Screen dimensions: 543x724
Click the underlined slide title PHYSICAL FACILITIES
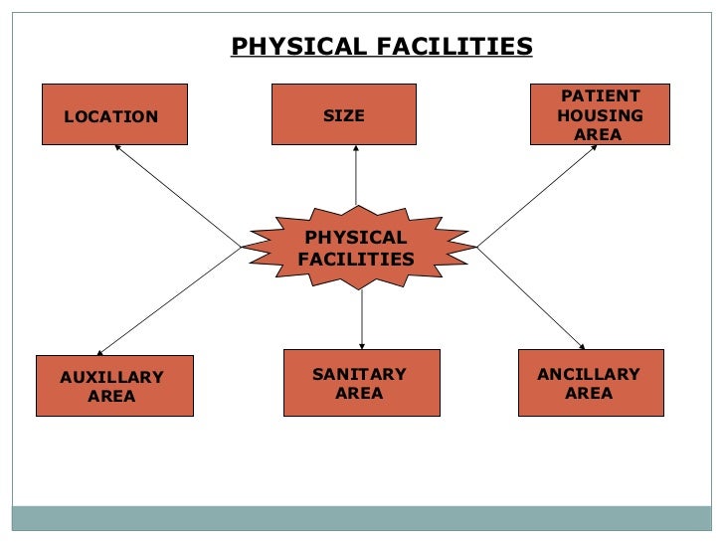coord(381,47)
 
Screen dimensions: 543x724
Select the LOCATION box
coord(114,114)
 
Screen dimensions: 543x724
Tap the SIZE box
coord(344,114)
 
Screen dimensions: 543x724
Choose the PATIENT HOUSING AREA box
coord(600,114)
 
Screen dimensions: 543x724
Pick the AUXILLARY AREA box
coord(114,385)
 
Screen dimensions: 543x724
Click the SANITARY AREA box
coord(361,383)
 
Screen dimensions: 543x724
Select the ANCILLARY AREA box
coord(591,383)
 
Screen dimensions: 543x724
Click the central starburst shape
coord(357,248)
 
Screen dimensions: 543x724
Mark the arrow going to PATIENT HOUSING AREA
coord(537,196)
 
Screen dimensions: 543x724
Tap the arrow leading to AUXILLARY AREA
coord(169,300)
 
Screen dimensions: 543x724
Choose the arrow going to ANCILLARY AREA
coord(530,297)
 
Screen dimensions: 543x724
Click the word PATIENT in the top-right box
coord(600,96)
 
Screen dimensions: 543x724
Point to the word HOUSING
coord(600,115)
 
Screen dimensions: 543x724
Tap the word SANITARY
coord(359,374)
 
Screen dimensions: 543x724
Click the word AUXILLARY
coord(111,377)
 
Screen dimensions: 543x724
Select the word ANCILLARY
coord(589,374)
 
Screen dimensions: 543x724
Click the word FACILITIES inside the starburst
coord(356,259)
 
